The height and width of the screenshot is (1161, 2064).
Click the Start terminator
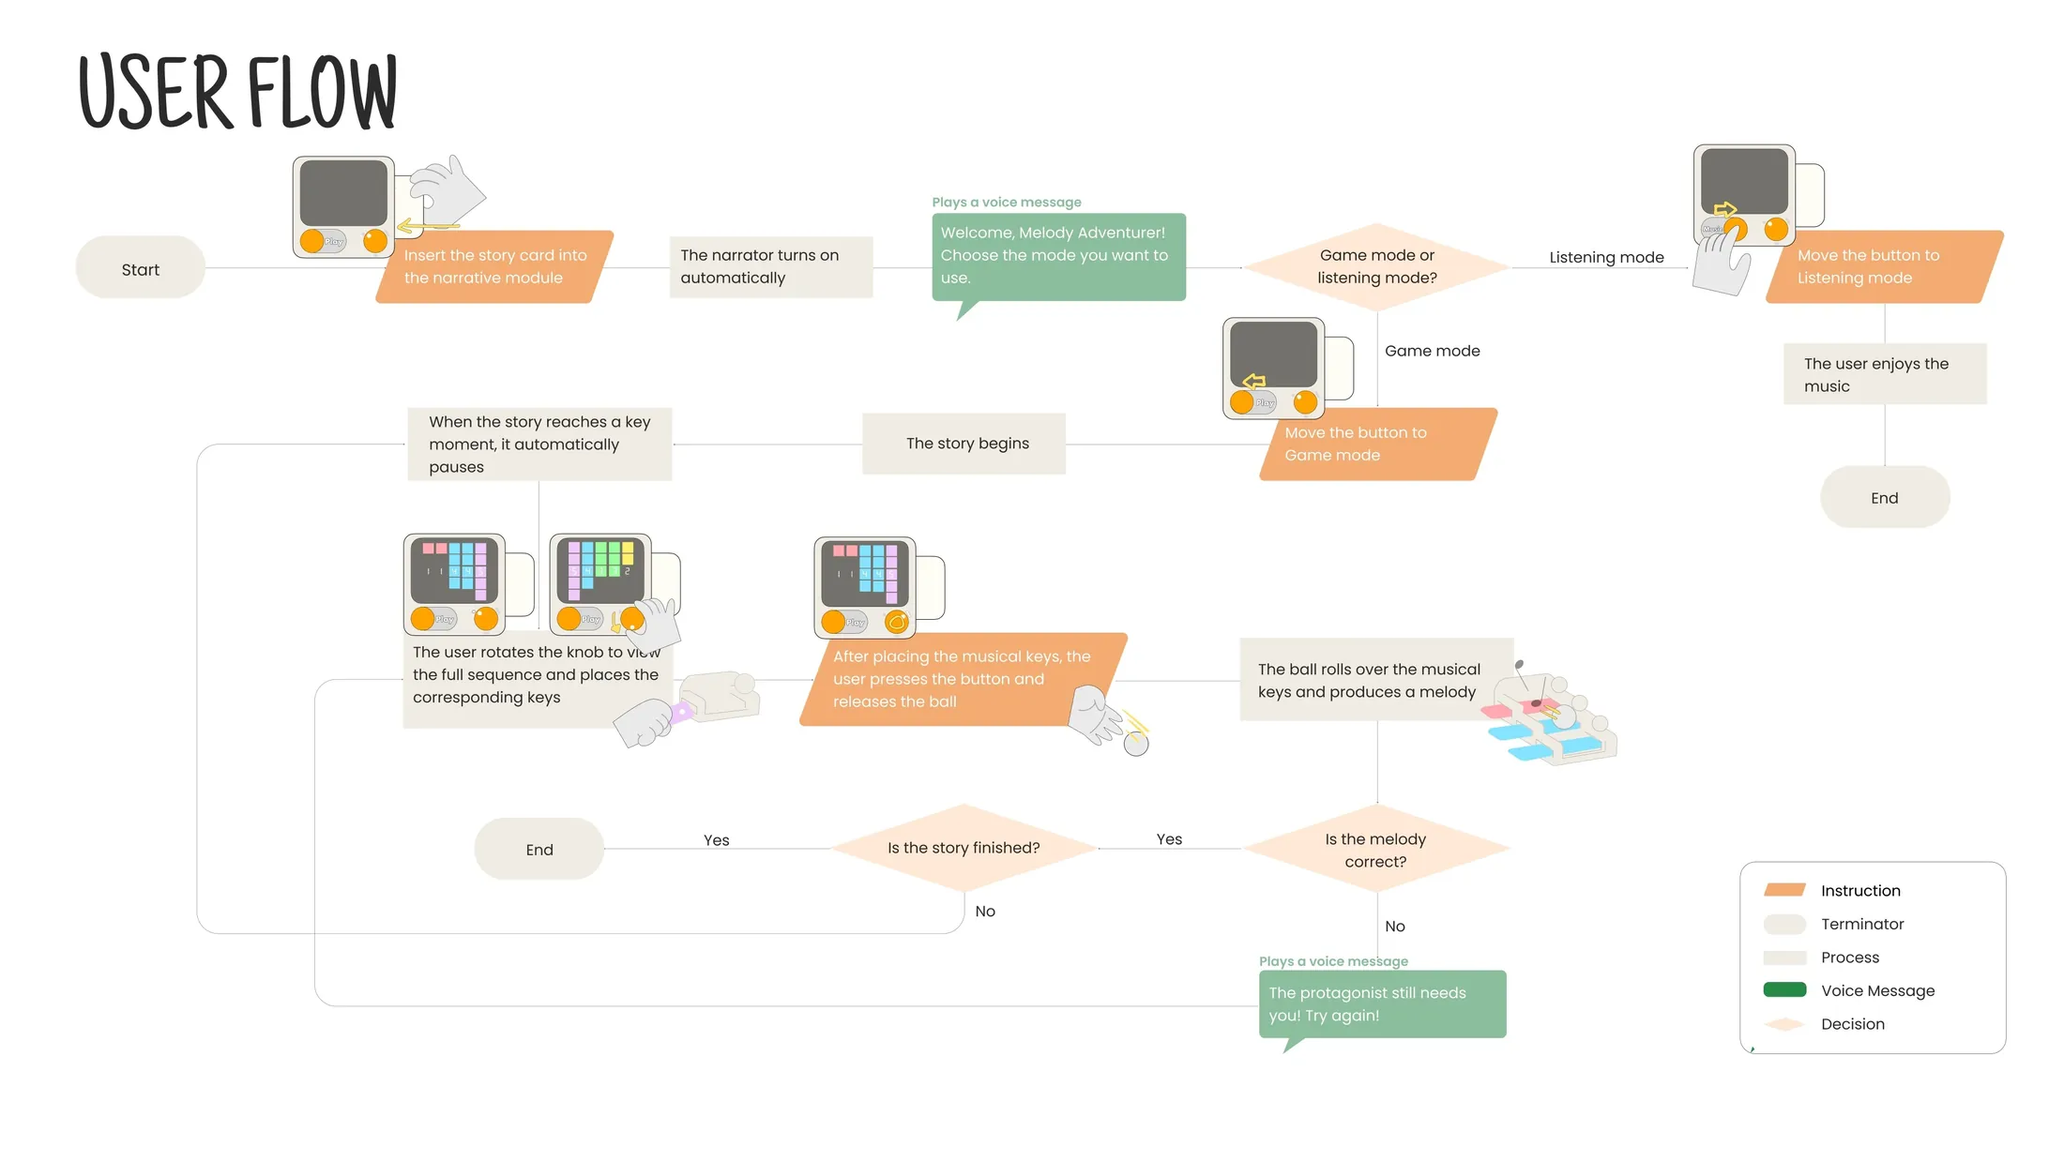tap(141, 268)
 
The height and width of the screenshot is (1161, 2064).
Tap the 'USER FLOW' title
tap(238, 92)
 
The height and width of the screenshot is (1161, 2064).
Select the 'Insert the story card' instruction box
tap(494, 266)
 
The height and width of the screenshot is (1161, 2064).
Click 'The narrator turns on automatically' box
tap(771, 266)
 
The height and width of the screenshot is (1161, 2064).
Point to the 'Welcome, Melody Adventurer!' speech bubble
tap(1058, 257)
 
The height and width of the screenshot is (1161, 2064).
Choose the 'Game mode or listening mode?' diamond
tap(1377, 266)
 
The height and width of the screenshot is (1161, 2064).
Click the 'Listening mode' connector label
tap(1606, 257)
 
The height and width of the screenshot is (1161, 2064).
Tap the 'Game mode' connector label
tap(1433, 351)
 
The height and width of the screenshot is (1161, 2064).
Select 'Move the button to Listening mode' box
tap(1884, 266)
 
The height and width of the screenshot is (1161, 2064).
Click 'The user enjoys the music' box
tap(1885, 374)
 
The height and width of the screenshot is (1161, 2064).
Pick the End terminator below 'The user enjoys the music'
tap(1885, 497)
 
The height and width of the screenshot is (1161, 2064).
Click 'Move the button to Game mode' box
tap(1378, 444)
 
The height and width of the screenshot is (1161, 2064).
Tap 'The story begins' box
tap(964, 444)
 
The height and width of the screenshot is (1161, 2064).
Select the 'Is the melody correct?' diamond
tap(1376, 849)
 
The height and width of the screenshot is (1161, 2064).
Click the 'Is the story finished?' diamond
tap(964, 848)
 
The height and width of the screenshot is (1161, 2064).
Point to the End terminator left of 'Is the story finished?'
tap(539, 849)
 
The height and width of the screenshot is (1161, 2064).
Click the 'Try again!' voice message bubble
tap(1382, 1004)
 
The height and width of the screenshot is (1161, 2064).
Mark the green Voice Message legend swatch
tap(1784, 989)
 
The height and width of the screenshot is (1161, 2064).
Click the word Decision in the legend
tap(1853, 1024)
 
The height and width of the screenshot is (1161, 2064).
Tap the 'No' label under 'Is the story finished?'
tap(985, 912)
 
